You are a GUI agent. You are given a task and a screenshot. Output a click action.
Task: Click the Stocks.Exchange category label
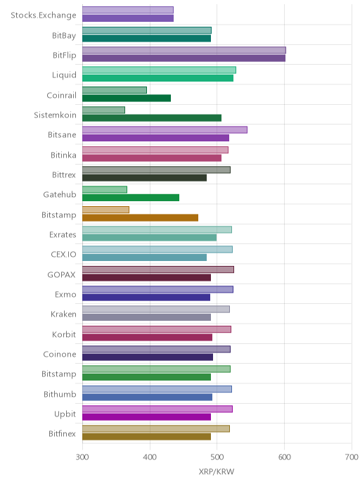[x=44, y=15]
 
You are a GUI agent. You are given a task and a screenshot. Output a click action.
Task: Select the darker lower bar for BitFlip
[x=184, y=58]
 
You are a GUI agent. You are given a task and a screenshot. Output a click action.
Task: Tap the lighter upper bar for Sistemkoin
[x=103, y=110]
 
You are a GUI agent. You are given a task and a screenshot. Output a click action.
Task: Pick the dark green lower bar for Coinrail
[x=127, y=98]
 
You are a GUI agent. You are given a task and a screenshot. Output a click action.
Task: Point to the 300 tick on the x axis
[x=82, y=457]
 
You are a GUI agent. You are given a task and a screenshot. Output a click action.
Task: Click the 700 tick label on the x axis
[x=352, y=457]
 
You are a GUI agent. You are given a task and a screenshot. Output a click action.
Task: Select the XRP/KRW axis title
[x=217, y=471]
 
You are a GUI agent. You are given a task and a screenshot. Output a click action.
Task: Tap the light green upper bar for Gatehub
[x=105, y=189]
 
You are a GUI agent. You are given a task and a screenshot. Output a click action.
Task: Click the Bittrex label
[x=64, y=174]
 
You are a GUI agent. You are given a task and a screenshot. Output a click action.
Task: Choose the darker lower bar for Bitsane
[x=156, y=138]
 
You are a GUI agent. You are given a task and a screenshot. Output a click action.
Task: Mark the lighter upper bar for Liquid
[x=159, y=70]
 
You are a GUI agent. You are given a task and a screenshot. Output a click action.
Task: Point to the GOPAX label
[x=61, y=275]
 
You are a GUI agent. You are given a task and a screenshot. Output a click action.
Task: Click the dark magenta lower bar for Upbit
[x=146, y=417]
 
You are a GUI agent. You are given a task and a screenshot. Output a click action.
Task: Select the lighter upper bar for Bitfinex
[x=156, y=428]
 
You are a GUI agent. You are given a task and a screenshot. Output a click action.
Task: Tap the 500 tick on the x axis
[x=217, y=457]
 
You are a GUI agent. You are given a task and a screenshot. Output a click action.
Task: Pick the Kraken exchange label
[x=63, y=314]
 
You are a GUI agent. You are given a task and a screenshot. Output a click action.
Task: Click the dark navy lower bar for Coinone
[x=148, y=357]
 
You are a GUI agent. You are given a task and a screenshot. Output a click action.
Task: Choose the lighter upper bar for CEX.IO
[x=157, y=250]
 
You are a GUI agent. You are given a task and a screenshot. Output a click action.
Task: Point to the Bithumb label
[x=60, y=394]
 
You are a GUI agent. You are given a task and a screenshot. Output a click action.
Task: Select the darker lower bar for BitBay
[x=146, y=38]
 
